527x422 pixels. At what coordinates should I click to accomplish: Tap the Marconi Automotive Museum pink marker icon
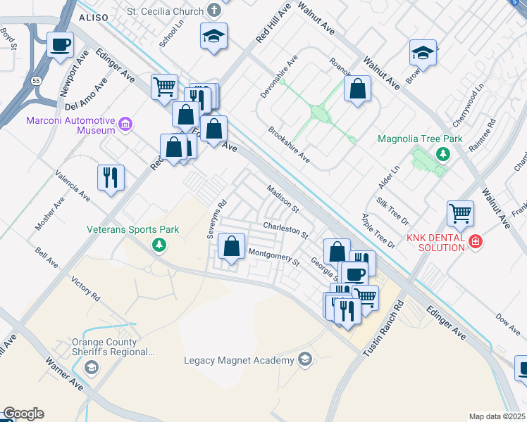click(126, 125)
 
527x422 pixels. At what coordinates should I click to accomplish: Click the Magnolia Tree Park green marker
click(442, 154)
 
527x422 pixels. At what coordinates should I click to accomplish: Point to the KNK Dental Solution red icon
click(476, 241)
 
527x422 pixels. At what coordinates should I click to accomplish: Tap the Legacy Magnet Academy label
click(238, 361)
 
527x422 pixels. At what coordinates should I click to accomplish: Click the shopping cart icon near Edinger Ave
click(164, 87)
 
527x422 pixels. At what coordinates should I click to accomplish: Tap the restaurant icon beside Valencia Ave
click(111, 177)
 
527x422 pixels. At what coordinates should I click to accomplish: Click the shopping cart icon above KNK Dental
click(460, 212)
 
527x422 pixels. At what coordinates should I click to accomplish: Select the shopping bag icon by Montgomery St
click(231, 246)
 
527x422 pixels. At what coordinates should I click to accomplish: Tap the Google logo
click(23, 414)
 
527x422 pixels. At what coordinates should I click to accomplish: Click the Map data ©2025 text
click(497, 416)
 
